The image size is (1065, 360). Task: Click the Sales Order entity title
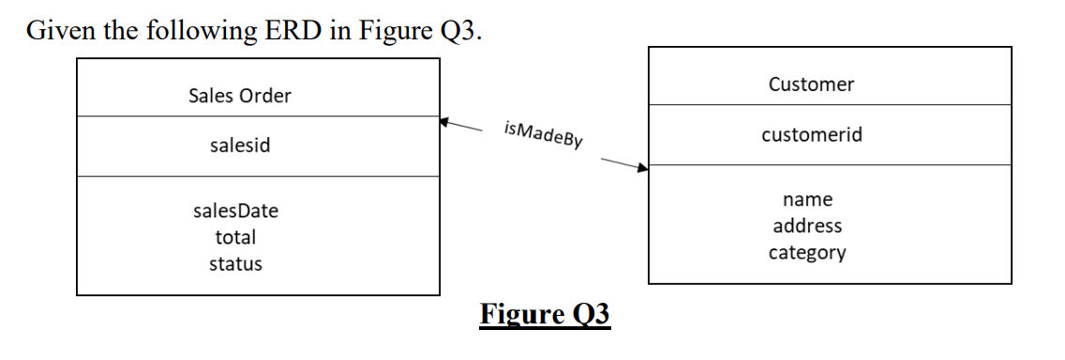click(239, 96)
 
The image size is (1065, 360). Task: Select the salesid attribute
click(239, 146)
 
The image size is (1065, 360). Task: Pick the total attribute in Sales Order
click(235, 238)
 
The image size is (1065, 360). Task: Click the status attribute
click(235, 263)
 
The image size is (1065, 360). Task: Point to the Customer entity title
click(811, 84)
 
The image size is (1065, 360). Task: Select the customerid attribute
click(811, 135)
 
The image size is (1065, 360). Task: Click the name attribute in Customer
click(807, 200)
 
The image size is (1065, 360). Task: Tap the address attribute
click(807, 226)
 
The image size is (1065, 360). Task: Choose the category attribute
click(807, 252)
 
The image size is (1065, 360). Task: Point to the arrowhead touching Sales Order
click(445, 121)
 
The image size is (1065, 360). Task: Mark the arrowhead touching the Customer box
click(642, 170)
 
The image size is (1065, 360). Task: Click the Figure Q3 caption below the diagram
click(545, 314)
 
